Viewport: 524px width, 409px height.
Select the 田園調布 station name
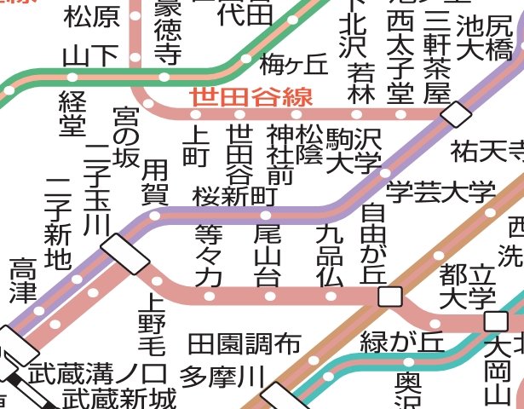[x=245, y=343]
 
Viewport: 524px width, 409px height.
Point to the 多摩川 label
[x=223, y=376]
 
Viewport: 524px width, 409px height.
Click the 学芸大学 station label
[x=441, y=193]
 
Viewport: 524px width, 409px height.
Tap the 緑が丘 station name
[x=403, y=342]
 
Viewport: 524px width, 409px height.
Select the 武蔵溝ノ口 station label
[x=96, y=373]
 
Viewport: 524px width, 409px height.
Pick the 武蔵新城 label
[x=119, y=397]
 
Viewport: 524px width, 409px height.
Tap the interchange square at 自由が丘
[x=389, y=297]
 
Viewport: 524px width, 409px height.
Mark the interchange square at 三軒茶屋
[x=456, y=113]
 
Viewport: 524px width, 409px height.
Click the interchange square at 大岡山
[x=495, y=321]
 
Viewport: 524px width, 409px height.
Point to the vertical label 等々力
[x=208, y=255]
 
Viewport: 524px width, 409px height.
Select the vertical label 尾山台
[x=268, y=255]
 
